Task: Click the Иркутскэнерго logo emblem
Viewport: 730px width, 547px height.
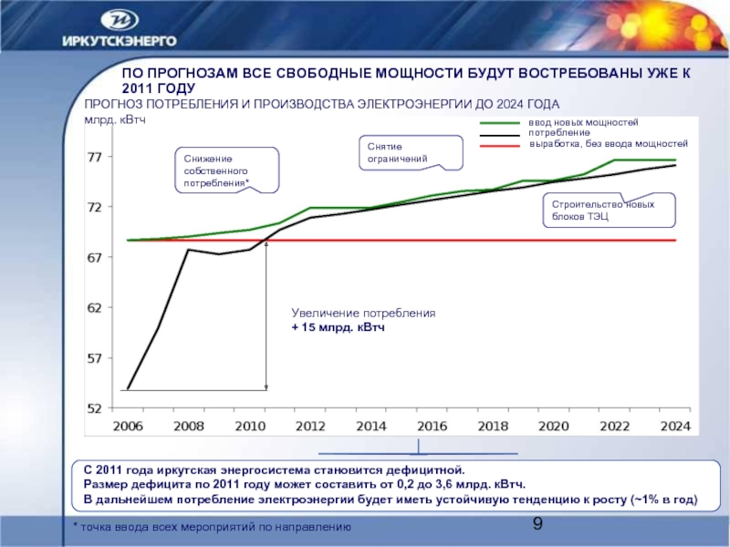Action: click(x=120, y=20)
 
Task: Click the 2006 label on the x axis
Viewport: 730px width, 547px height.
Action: click(x=128, y=426)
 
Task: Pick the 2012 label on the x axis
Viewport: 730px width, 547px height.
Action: click(x=310, y=426)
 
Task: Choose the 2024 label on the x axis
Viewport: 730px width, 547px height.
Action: click(x=675, y=426)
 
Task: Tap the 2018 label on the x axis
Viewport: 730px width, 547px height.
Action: click(x=493, y=426)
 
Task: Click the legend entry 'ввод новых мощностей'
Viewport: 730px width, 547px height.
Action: click(x=584, y=122)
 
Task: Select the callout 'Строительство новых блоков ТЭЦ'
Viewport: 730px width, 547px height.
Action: click(x=610, y=211)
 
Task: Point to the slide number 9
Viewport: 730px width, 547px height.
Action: click(x=537, y=523)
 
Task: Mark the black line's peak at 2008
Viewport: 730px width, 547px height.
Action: click(x=188, y=249)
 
